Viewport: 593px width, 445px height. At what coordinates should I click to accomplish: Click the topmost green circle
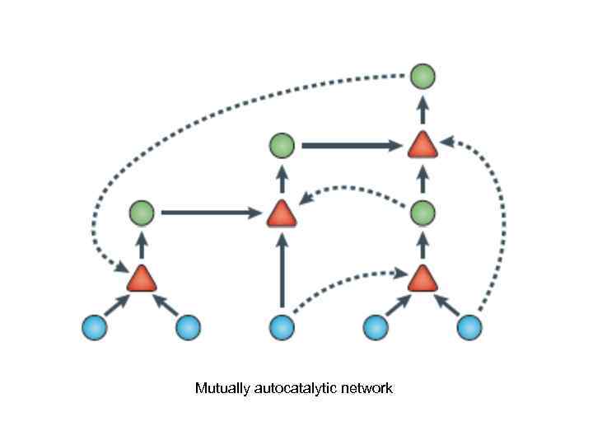[423, 77]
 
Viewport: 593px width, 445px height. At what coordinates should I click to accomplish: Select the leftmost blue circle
[95, 327]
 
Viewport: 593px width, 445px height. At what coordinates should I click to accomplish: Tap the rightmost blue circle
[469, 327]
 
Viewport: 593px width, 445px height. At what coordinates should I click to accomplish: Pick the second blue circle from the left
[189, 327]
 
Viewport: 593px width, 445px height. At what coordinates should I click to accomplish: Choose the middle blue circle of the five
[282, 327]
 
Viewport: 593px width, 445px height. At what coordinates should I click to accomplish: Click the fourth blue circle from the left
[376, 327]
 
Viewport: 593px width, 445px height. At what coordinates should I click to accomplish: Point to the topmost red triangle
[423, 146]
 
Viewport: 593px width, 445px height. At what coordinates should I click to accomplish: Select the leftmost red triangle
[142, 279]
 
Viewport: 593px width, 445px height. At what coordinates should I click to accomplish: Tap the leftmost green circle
[142, 213]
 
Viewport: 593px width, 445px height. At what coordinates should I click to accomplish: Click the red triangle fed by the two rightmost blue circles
[423, 279]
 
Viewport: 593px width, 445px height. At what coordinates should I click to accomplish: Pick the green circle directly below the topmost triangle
[423, 213]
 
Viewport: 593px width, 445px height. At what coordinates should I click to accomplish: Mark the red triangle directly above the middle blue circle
[282, 214]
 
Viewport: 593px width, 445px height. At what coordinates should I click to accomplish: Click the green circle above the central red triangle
[282, 147]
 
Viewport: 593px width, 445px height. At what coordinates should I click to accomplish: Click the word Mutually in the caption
[220, 388]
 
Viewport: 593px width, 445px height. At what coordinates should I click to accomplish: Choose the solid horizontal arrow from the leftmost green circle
[210, 213]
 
